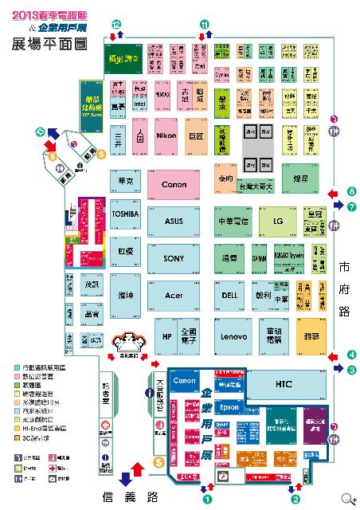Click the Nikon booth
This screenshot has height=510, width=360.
pyautogui.click(x=166, y=135)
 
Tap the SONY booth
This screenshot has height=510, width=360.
pyautogui.click(x=174, y=258)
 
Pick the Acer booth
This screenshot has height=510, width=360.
pyautogui.click(x=174, y=295)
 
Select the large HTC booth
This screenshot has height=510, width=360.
pyautogui.click(x=284, y=384)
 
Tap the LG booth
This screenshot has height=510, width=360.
pyautogui.click(x=278, y=221)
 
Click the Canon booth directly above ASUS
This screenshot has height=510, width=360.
pyautogui.click(x=174, y=185)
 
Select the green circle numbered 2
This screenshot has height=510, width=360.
pyautogui.click(x=295, y=500)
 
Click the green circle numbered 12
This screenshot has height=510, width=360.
pyautogui.click(x=118, y=26)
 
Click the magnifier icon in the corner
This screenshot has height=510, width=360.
pyautogui.click(x=347, y=499)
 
